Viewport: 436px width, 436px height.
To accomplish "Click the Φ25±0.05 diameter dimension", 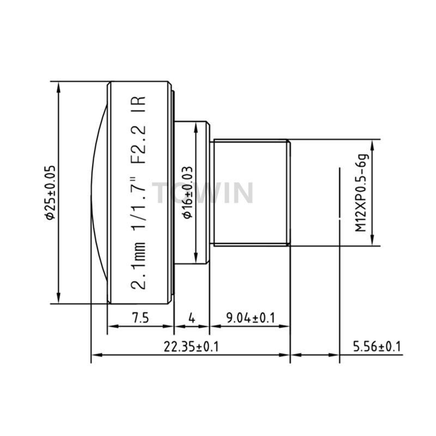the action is (51, 192).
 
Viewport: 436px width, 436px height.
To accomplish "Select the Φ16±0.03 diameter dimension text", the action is (188, 192).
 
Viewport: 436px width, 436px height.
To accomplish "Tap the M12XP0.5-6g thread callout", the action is (362, 192).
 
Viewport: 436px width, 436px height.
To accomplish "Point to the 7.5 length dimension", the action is (141, 318).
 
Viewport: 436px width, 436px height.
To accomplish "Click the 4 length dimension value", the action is (192, 318).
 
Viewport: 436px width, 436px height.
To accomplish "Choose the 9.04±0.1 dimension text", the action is (251, 318).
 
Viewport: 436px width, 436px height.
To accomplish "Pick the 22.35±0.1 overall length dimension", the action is (191, 347).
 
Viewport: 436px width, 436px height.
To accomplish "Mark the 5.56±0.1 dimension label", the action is (377, 347).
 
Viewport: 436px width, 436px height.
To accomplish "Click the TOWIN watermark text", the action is (203, 193).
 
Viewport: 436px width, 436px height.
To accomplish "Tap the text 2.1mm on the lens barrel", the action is (138, 266).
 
